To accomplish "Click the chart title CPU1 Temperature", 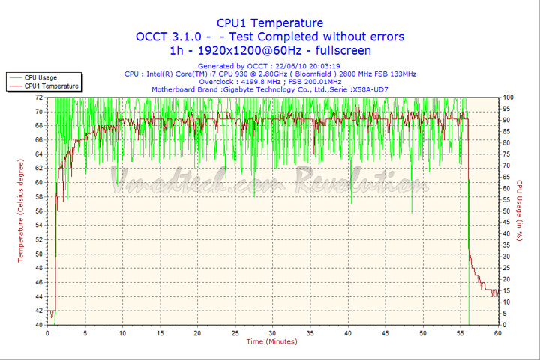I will click(x=270, y=22).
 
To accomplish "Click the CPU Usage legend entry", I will click(x=40, y=77).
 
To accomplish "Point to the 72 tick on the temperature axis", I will click(x=38, y=97).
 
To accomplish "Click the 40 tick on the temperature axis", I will click(x=38, y=325).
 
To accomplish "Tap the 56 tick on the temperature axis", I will click(x=38, y=211).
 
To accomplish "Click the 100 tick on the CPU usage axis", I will click(x=508, y=97).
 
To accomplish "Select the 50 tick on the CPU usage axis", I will click(x=507, y=211).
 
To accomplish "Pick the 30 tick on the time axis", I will click(x=272, y=333).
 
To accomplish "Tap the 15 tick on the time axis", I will click(x=160, y=333).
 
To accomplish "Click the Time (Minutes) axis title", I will click(x=271, y=342).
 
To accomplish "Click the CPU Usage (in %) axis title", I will click(x=519, y=211).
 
